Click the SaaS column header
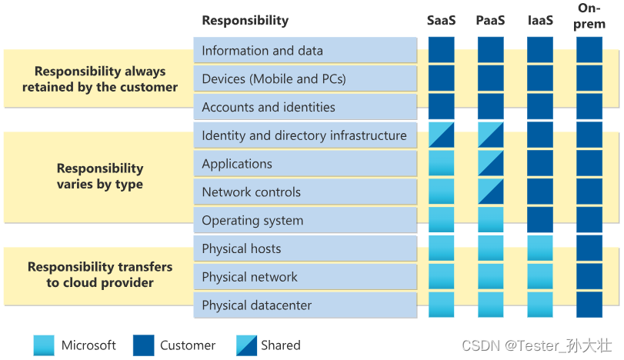[x=442, y=21]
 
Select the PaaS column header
[x=491, y=21]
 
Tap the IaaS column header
[x=540, y=21]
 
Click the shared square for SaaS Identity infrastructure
[x=442, y=135]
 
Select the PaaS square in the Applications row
[x=491, y=164]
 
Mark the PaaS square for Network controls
[x=491, y=192]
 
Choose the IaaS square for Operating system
[x=540, y=221]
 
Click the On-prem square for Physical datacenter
[x=589, y=305]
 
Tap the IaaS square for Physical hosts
[x=540, y=248]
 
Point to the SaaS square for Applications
[x=442, y=164]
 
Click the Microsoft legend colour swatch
[x=45, y=345]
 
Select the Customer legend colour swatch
[x=144, y=345]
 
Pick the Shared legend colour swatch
[x=242, y=345]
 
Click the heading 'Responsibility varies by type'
[x=100, y=176]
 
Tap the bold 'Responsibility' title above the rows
[x=245, y=21]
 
